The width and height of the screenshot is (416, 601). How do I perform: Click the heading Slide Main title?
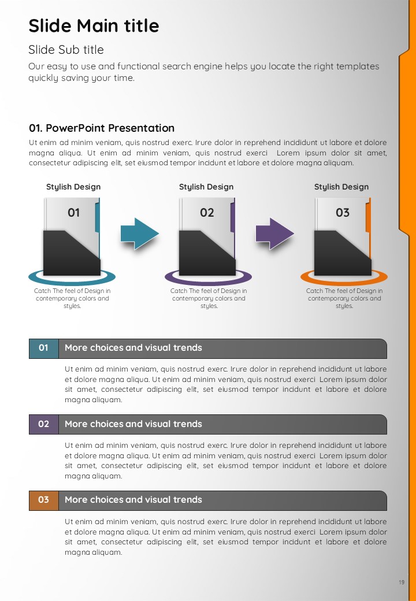pos(94,25)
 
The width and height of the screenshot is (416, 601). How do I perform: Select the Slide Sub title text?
pos(66,50)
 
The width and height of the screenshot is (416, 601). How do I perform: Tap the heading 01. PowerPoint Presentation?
pos(102,128)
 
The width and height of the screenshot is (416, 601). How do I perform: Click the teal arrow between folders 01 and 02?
pos(139,234)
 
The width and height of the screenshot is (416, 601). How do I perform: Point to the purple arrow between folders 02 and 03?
pos(274,234)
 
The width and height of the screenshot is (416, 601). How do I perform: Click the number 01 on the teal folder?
pos(73,213)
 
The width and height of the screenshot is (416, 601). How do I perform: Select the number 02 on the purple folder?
pos(207,213)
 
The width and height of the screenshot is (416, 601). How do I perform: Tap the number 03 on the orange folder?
pos(343,213)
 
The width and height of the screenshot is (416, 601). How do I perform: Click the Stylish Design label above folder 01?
pos(73,187)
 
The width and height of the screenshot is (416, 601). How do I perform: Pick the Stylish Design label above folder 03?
pos(341,187)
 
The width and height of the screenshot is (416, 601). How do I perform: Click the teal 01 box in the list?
pos(44,348)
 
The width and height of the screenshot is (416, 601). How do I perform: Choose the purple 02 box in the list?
pos(44,424)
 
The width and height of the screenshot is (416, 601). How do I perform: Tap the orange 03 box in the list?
pos(44,500)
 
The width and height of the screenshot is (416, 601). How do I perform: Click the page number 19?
pos(402,583)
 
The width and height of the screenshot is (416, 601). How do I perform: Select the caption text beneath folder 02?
pos(209,298)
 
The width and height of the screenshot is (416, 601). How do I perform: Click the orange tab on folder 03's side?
pos(368,217)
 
